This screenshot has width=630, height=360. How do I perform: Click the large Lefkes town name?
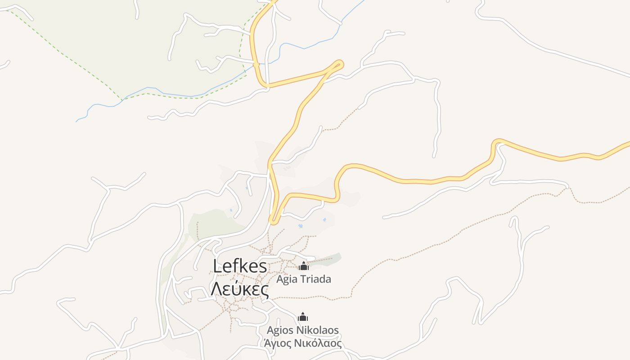click(x=240, y=266)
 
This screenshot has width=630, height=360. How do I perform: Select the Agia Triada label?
click(x=304, y=279)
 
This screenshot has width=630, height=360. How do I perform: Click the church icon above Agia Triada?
click(x=304, y=266)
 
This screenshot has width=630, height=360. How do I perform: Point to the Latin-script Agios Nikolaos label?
click(x=302, y=330)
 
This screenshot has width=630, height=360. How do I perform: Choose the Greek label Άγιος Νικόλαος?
click(x=302, y=343)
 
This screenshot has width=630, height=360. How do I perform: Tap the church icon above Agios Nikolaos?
click(x=303, y=317)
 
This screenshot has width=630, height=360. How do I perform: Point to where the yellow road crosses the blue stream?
click(x=256, y=65)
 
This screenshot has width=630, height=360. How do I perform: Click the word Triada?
click(x=315, y=279)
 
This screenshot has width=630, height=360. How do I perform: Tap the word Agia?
click(x=287, y=279)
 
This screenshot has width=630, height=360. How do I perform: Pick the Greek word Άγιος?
click(x=279, y=343)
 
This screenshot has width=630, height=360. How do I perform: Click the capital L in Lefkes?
click(x=218, y=266)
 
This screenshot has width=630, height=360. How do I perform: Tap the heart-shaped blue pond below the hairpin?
click(x=300, y=226)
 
